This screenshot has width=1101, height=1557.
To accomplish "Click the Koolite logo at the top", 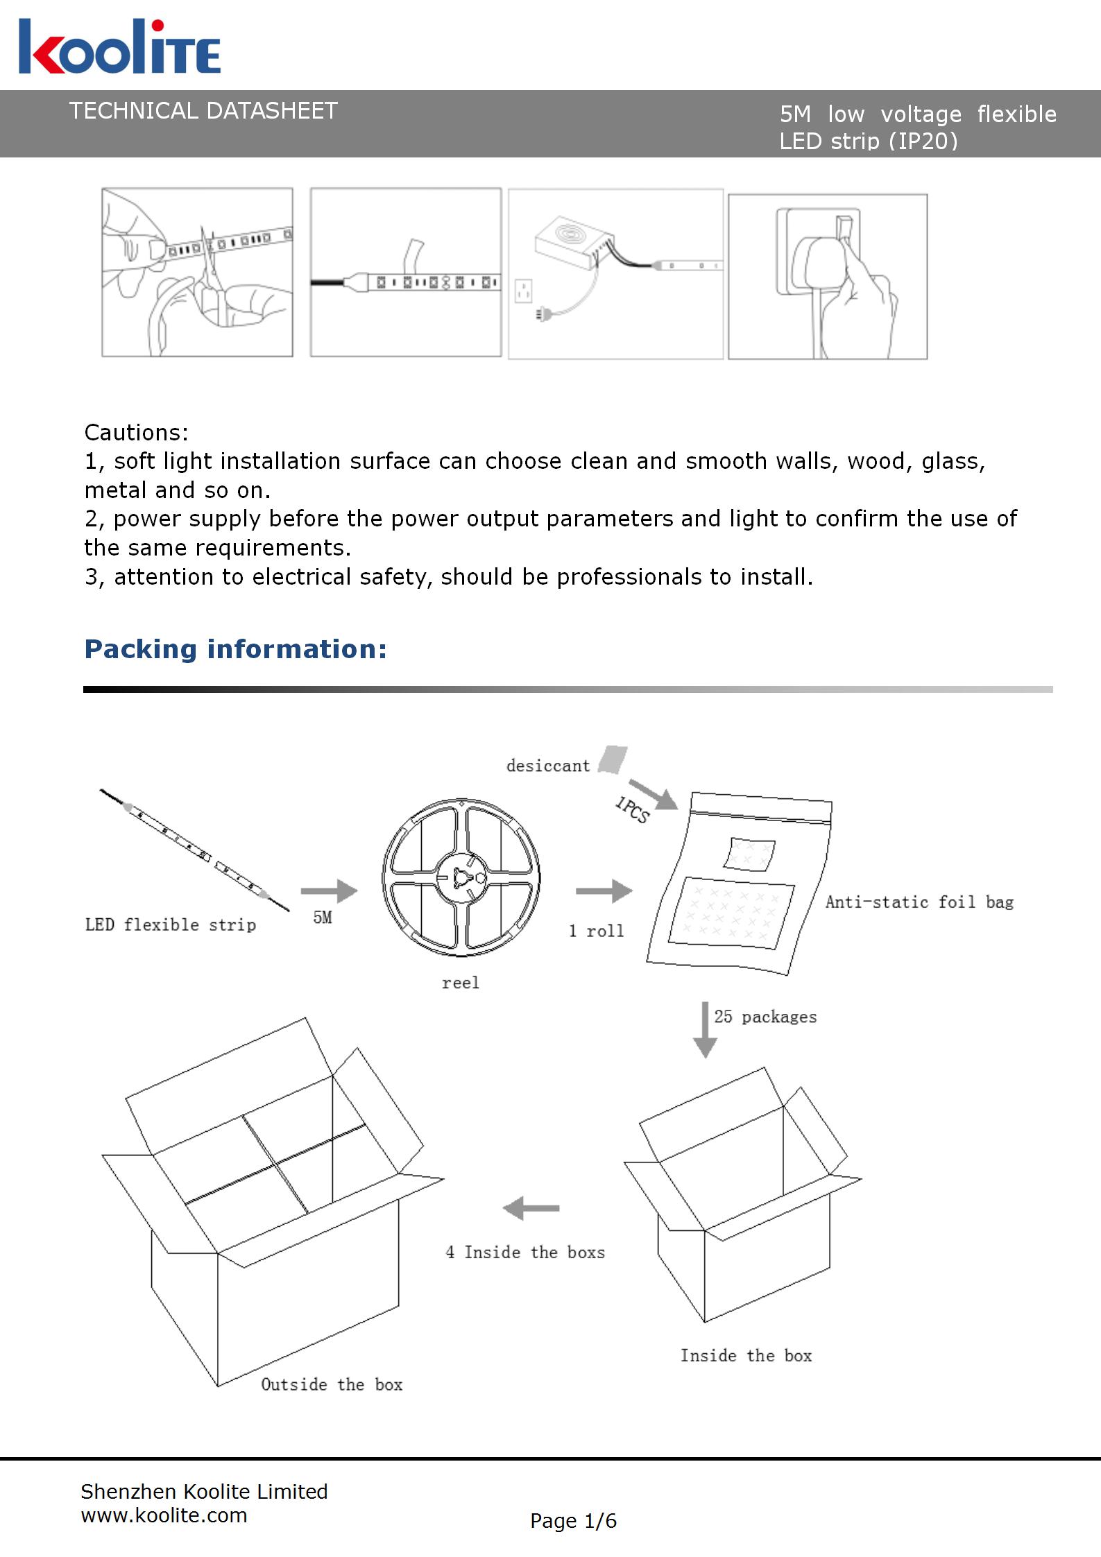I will (x=119, y=47).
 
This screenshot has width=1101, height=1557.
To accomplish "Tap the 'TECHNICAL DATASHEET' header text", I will (x=203, y=111).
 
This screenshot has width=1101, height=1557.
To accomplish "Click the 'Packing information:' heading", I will (x=235, y=649).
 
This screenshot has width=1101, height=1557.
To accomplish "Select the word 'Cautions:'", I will (x=136, y=433).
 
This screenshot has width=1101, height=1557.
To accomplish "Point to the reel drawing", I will (x=461, y=877).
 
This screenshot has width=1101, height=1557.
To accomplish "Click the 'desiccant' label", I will (x=547, y=766).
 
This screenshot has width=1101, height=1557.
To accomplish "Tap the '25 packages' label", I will (x=765, y=1017).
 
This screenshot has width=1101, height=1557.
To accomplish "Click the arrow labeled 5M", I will (x=329, y=891).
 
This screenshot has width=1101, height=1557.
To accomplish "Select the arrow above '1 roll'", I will (x=604, y=891).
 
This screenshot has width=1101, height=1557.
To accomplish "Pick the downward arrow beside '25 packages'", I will (x=705, y=1029).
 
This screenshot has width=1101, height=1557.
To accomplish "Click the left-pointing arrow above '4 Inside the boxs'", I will (x=531, y=1209).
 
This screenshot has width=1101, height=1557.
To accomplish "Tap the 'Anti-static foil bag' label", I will (x=919, y=902).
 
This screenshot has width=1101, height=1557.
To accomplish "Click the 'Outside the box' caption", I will (x=332, y=1385).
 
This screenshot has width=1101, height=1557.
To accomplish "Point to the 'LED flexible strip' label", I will (x=171, y=925).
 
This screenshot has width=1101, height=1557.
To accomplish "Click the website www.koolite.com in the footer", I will (x=164, y=1516).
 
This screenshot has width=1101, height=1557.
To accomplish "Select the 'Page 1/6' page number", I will (x=573, y=1522).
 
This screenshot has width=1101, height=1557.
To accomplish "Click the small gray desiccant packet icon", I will (x=613, y=759).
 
